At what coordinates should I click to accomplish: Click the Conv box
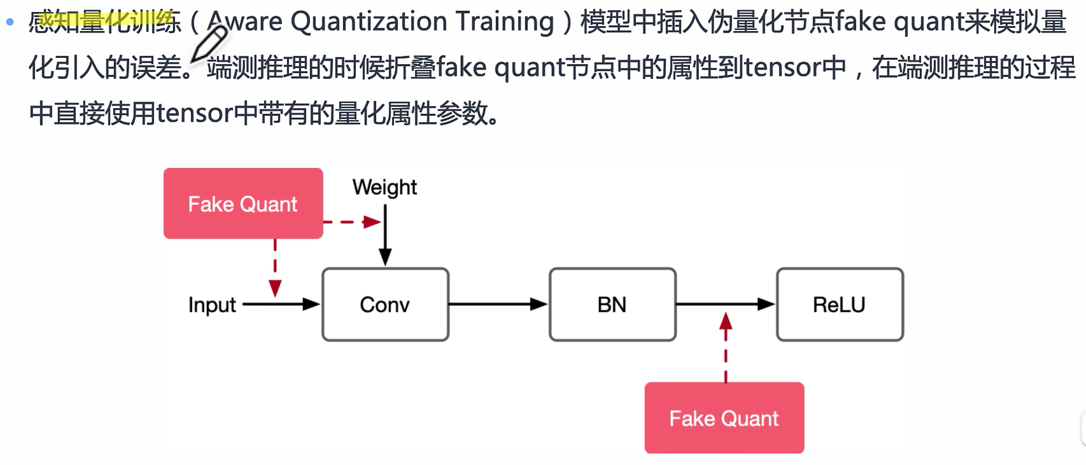click(385, 305)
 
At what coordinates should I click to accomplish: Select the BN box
click(612, 305)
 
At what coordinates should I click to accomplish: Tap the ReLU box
click(840, 305)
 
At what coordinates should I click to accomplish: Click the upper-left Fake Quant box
click(243, 204)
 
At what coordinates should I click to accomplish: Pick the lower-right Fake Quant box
click(724, 418)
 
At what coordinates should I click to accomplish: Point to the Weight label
click(384, 187)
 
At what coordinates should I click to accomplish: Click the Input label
click(212, 305)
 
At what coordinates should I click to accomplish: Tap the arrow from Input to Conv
click(281, 305)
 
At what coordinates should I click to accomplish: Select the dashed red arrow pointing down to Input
click(275, 268)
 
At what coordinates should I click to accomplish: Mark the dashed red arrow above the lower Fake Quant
click(726, 347)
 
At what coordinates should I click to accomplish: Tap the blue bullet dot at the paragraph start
click(10, 22)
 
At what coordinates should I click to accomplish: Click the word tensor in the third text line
click(194, 113)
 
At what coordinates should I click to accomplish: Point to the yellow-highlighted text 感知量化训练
click(105, 22)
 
